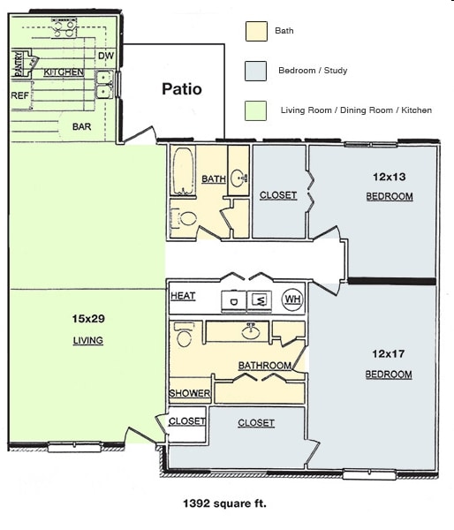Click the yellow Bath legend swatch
255,31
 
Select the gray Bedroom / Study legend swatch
255,71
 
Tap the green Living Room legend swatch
255,110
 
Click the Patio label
181,89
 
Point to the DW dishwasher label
106,57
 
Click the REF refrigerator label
19,95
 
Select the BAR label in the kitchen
81,126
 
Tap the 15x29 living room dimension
87,318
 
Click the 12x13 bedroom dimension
389,176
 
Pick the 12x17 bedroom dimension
389,353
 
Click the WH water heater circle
291,300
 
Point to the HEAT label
183,296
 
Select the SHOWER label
190,394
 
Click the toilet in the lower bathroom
184,335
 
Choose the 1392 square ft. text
224,504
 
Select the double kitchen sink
104,84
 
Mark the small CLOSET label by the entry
186,421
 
